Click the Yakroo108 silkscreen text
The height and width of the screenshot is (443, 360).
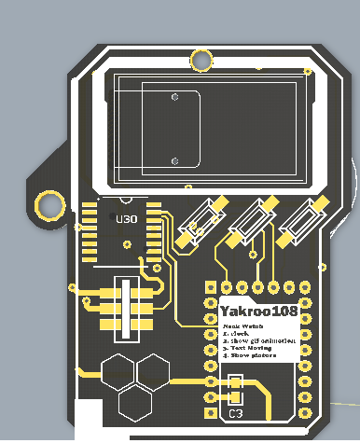click(259, 308)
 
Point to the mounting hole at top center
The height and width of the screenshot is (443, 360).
click(201, 61)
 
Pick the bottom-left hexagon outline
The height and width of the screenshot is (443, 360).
click(135, 402)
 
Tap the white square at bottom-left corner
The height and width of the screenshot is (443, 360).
click(89, 420)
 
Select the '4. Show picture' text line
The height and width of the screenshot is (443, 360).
click(253, 355)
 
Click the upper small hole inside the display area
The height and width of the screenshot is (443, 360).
click(174, 97)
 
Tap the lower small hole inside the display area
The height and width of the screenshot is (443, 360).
click(195, 161)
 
